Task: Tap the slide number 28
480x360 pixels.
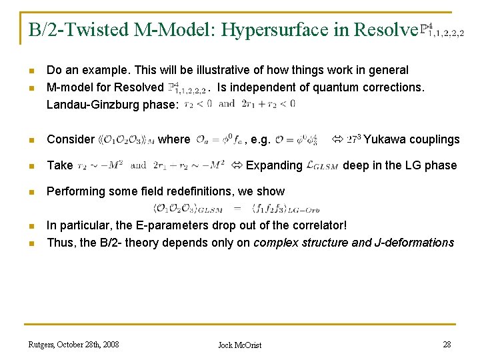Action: (x=447, y=344)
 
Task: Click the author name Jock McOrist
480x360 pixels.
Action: (x=240, y=345)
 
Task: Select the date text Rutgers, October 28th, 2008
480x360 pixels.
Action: (x=73, y=344)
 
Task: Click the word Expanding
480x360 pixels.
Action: (x=274, y=165)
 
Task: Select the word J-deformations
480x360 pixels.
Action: (x=414, y=243)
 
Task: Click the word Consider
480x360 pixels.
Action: (x=71, y=139)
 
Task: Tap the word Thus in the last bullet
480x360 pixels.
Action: (x=59, y=243)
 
